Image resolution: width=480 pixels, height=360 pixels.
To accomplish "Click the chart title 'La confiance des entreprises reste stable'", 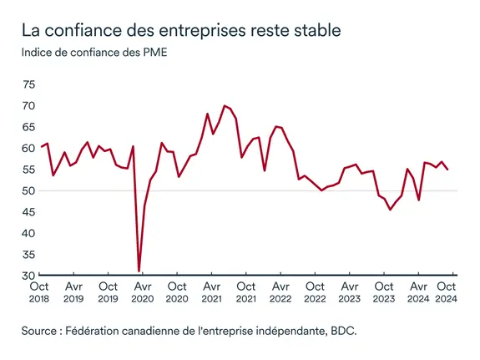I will (182, 32).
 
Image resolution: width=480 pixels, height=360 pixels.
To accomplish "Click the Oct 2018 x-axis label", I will (40, 291).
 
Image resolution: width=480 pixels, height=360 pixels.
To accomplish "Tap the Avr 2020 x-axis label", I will (143, 291).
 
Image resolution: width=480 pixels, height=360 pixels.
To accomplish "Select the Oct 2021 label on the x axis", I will (246, 291).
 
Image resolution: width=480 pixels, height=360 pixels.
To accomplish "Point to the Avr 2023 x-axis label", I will (350, 291).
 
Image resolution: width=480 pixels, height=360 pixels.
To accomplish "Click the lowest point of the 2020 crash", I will (139, 271).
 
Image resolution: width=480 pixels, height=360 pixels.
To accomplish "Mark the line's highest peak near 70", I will (225, 106).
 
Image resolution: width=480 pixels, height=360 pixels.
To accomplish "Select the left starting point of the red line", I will (42, 147).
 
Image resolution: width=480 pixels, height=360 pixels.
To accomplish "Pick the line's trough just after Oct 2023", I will (390, 210).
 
